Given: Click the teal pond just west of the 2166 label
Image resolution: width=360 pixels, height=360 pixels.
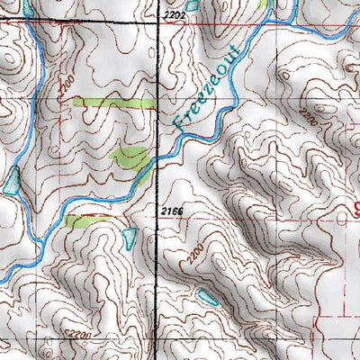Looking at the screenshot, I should (x=130, y=238).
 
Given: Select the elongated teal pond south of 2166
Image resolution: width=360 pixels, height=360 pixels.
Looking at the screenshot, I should (x=209, y=296).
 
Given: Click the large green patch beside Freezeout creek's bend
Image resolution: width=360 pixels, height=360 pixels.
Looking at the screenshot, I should (x=130, y=158).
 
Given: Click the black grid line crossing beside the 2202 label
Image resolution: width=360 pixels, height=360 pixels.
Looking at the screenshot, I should (x=159, y=24).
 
